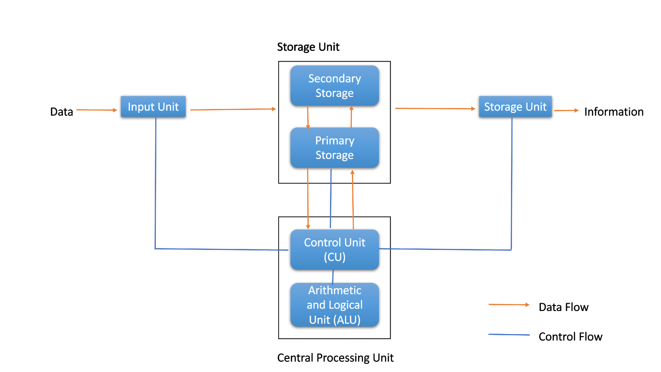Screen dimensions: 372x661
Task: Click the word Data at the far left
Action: (61, 112)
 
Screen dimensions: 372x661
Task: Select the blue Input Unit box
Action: (153, 107)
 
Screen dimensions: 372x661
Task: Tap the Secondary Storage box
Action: (334, 86)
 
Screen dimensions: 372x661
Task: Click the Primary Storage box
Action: (334, 148)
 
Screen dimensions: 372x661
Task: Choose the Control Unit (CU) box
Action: (334, 249)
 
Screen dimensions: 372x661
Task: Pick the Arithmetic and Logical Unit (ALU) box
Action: (334, 305)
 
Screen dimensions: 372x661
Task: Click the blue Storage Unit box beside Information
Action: (515, 107)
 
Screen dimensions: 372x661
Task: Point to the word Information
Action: (614, 112)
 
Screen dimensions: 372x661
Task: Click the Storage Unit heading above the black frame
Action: (308, 47)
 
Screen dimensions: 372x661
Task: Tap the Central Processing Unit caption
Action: (335, 358)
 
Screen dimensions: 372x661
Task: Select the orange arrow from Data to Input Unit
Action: (97, 110)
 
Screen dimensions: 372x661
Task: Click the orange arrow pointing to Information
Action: (566, 110)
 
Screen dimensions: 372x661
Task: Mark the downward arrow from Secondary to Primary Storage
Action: (308, 117)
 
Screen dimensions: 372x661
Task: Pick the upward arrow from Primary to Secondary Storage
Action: (351, 117)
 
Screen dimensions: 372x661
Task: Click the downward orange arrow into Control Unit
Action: (308, 199)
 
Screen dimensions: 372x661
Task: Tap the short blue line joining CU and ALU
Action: (333, 276)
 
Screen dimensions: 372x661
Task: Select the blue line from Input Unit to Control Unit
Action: (155, 194)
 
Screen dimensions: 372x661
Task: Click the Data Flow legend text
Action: (563, 307)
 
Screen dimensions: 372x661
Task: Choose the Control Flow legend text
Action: (570, 337)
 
